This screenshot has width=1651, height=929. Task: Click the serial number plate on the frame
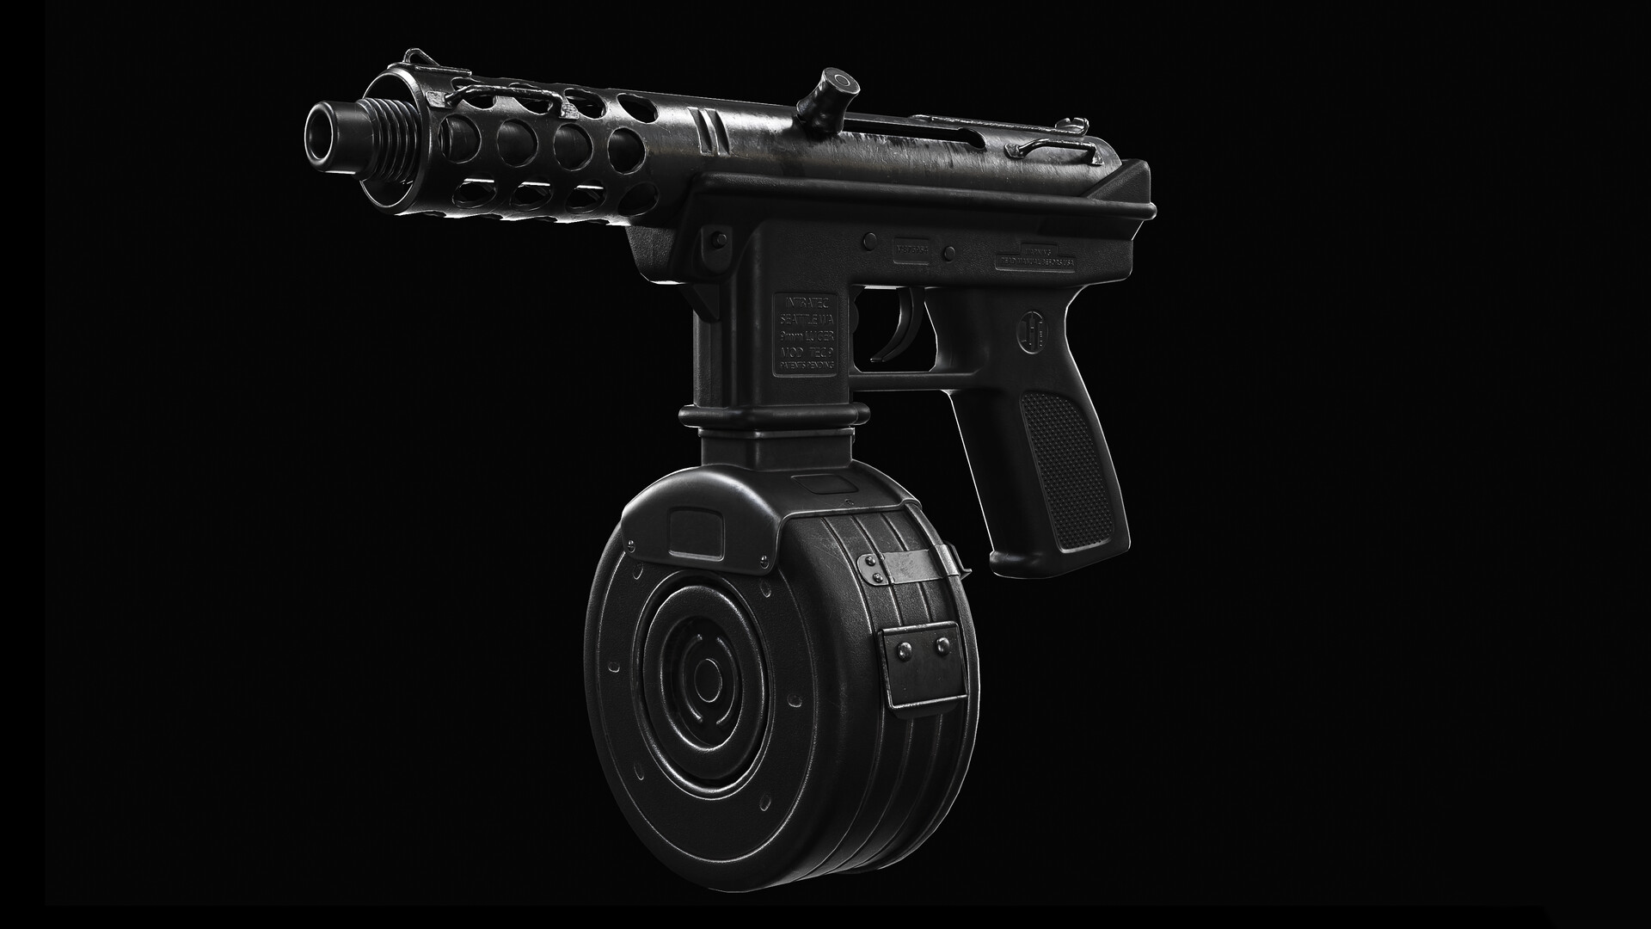pyautogui.click(x=913, y=246)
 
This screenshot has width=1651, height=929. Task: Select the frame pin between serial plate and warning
pyautogui.click(x=949, y=251)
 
